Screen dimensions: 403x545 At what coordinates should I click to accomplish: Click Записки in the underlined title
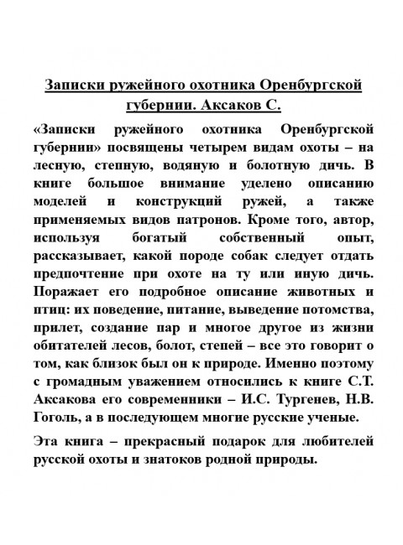point(73,87)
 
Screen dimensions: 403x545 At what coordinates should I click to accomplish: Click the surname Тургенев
point(301,397)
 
